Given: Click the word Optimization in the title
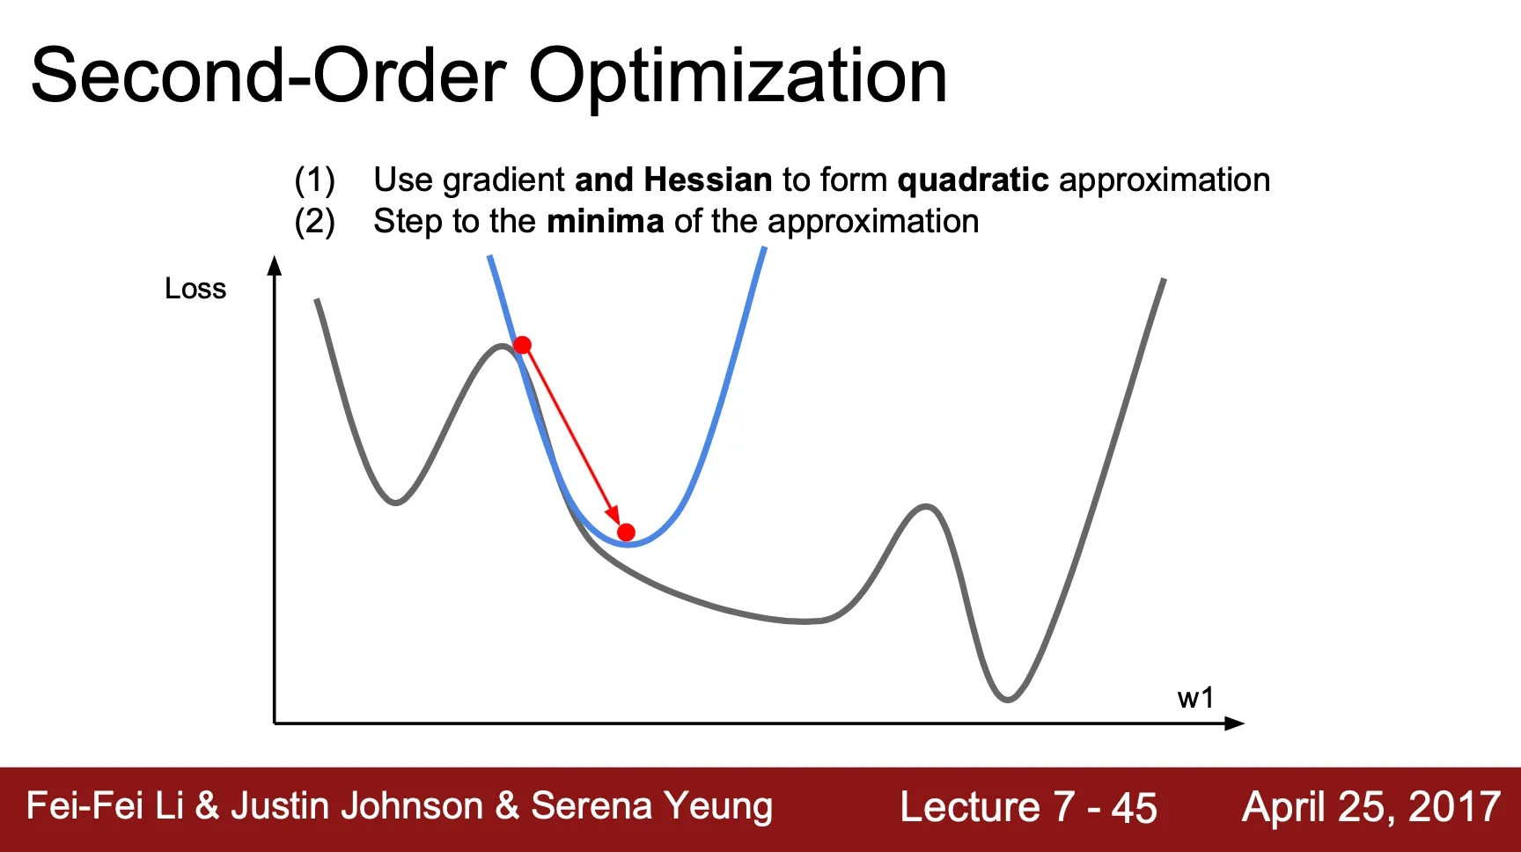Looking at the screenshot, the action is pyautogui.click(x=738, y=77).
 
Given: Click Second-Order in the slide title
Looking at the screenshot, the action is pyautogui.click(x=268, y=76).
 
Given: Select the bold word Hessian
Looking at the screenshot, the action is pyautogui.click(x=708, y=180).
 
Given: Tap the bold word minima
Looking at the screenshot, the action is pyautogui.click(x=605, y=221).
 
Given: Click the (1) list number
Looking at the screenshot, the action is pyautogui.click(x=314, y=180).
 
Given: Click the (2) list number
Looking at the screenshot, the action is pyautogui.click(x=314, y=222).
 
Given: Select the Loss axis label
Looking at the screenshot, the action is pyautogui.click(x=195, y=289).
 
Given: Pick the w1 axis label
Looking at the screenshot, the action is pyautogui.click(x=1195, y=698).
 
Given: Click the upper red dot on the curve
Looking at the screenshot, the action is pyautogui.click(x=522, y=344).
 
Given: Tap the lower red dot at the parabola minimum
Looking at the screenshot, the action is pyautogui.click(x=626, y=532).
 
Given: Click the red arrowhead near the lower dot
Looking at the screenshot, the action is pyautogui.click(x=614, y=515).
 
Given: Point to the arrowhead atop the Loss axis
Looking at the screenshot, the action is pyautogui.click(x=275, y=265).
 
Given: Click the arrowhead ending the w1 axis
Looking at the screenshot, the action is pyautogui.click(x=1235, y=723).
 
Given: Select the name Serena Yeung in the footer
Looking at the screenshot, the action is pyautogui.click(x=651, y=806).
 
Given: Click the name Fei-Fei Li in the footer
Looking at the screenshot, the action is pyautogui.click(x=105, y=805).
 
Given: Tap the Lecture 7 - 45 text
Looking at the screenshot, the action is pyautogui.click(x=1028, y=807).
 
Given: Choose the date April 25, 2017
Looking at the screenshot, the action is pyautogui.click(x=1371, y=807).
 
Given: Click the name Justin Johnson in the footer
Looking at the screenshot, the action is pyautogui.click(x=357, y=806).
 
